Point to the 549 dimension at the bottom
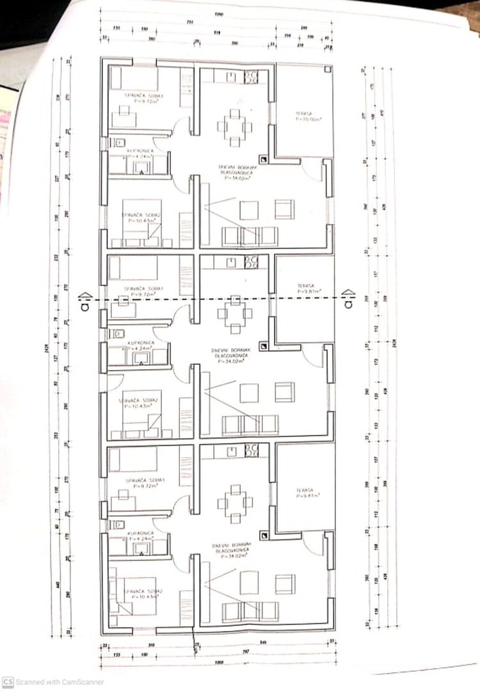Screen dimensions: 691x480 pos(263,642)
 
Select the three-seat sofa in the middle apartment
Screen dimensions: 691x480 pos(250,425)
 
